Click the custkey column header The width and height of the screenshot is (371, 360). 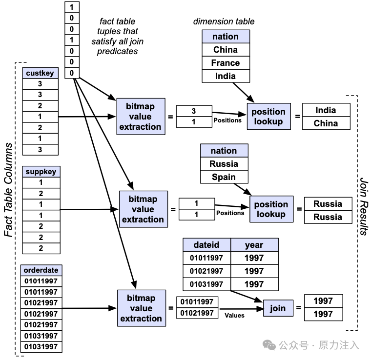click(40, 73)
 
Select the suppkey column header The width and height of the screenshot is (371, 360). click(41, 172)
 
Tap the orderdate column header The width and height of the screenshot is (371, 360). click(41, 270)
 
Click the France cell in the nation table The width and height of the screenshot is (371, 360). click(226, 63)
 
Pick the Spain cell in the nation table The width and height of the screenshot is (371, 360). click(224, 177)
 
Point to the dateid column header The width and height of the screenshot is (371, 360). click(206, 245)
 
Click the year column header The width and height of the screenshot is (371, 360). click(254, 245)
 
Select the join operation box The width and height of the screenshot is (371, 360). click(278, 308)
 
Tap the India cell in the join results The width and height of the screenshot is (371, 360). click(326, 110)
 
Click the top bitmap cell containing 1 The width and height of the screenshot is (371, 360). click(72, 7)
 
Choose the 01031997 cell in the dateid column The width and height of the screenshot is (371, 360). click(206, 284)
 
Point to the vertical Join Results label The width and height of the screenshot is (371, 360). click(364, 206)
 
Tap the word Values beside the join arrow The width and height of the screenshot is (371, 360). click(234, 315)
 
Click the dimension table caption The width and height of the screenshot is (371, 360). click(224, 21)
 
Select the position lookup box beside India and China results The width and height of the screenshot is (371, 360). click(269, 116)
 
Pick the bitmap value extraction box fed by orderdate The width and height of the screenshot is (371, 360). click(142, 308)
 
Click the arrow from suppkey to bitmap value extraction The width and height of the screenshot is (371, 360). click(89, 209)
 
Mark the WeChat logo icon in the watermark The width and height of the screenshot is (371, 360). click(269, 345)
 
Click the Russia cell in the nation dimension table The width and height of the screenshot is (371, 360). click(224, 163)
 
